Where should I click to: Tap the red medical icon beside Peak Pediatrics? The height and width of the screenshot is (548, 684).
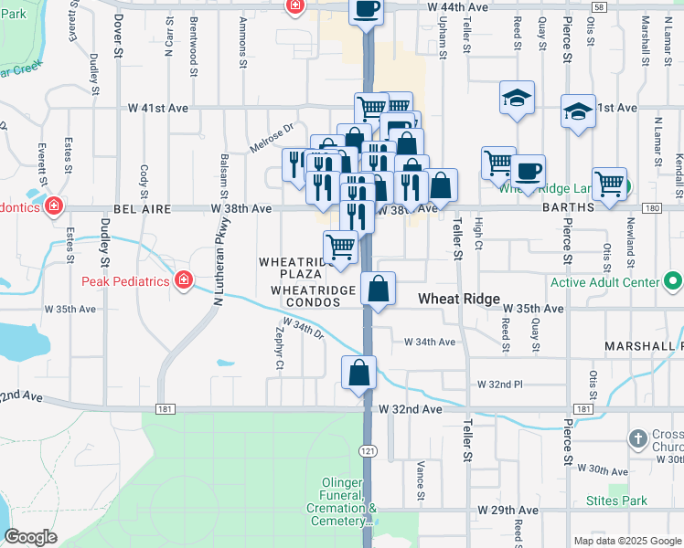point(184,279)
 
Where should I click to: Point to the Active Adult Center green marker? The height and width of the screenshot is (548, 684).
point(672,281)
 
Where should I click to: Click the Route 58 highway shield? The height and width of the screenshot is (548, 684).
point(598,6)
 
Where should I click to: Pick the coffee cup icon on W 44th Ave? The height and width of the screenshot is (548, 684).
point(366,9)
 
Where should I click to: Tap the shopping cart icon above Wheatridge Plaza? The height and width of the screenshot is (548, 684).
point(341,247)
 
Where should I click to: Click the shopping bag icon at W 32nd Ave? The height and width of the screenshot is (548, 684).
point(360,373)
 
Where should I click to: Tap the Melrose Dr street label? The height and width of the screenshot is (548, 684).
point(276,137)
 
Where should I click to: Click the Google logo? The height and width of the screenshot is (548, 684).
point(31,536)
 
